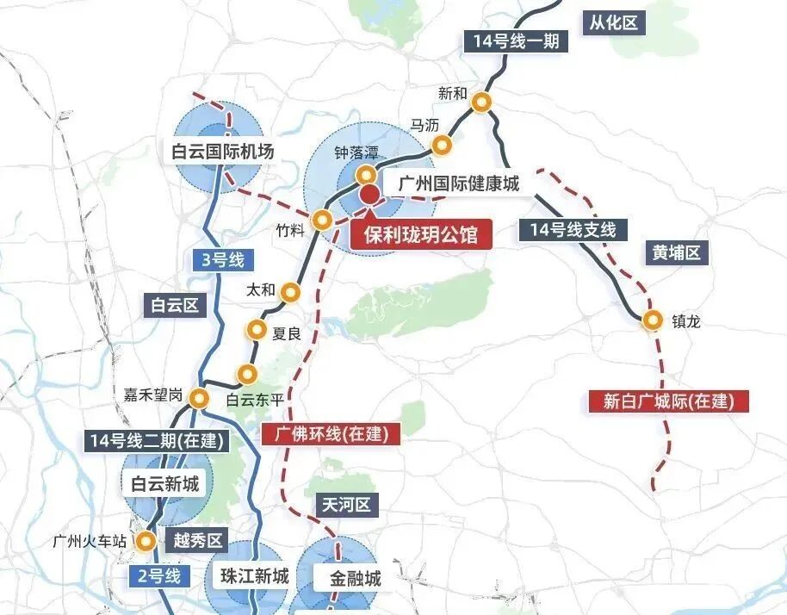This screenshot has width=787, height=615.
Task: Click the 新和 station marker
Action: pos(482,102)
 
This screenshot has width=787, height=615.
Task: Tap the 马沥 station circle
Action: pos(441,145)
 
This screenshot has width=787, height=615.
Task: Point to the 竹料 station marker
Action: pos(322,220)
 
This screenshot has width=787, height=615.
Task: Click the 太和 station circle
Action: pos(291,292)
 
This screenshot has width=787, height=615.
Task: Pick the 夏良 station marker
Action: pos(257,329)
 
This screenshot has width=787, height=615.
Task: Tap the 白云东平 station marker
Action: pos(248,373)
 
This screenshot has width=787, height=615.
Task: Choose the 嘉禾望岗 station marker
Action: pos(200,398)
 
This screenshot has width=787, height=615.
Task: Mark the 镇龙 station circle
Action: pos(654,320)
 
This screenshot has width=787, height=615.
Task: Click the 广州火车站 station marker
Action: pos(146,542)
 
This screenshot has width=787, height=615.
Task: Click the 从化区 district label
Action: pos(614,23)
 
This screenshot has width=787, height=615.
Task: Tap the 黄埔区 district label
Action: pos(677,252)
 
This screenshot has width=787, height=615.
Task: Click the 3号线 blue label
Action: pos(219,259)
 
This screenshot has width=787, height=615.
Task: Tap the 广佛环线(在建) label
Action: pos(331,433)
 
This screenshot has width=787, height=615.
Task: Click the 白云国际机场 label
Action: pos(222,152)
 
